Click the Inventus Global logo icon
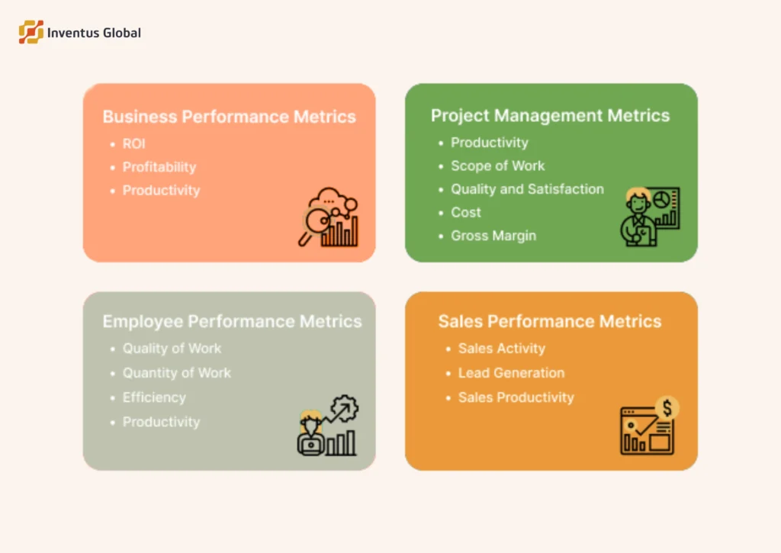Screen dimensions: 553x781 coord(31,32)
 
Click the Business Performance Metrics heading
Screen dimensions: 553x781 coord(229,117)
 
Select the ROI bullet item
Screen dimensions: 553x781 coord(134,143)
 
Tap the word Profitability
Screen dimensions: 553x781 coord(159,167)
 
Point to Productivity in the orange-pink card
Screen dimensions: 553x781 coord(161,191)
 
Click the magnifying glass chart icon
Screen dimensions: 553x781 coord(328,217)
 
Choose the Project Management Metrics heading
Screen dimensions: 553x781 coord(550,115)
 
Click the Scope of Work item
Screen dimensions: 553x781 coord(497,166)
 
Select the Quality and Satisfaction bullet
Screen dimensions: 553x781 coord(527,189)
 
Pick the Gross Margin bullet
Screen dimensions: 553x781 coord(493,236)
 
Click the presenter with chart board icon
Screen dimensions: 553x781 coord(648,216)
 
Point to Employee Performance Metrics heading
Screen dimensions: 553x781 coord(232,321)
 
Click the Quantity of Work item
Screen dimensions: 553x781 coord(177,373)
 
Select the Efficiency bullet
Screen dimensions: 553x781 coord(154,397)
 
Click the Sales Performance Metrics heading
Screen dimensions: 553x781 coord(549,321)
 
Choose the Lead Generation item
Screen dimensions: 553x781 coord(511,373)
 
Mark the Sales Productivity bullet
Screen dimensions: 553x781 coord(516,397)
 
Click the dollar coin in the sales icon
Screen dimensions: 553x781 coord(667,407)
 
